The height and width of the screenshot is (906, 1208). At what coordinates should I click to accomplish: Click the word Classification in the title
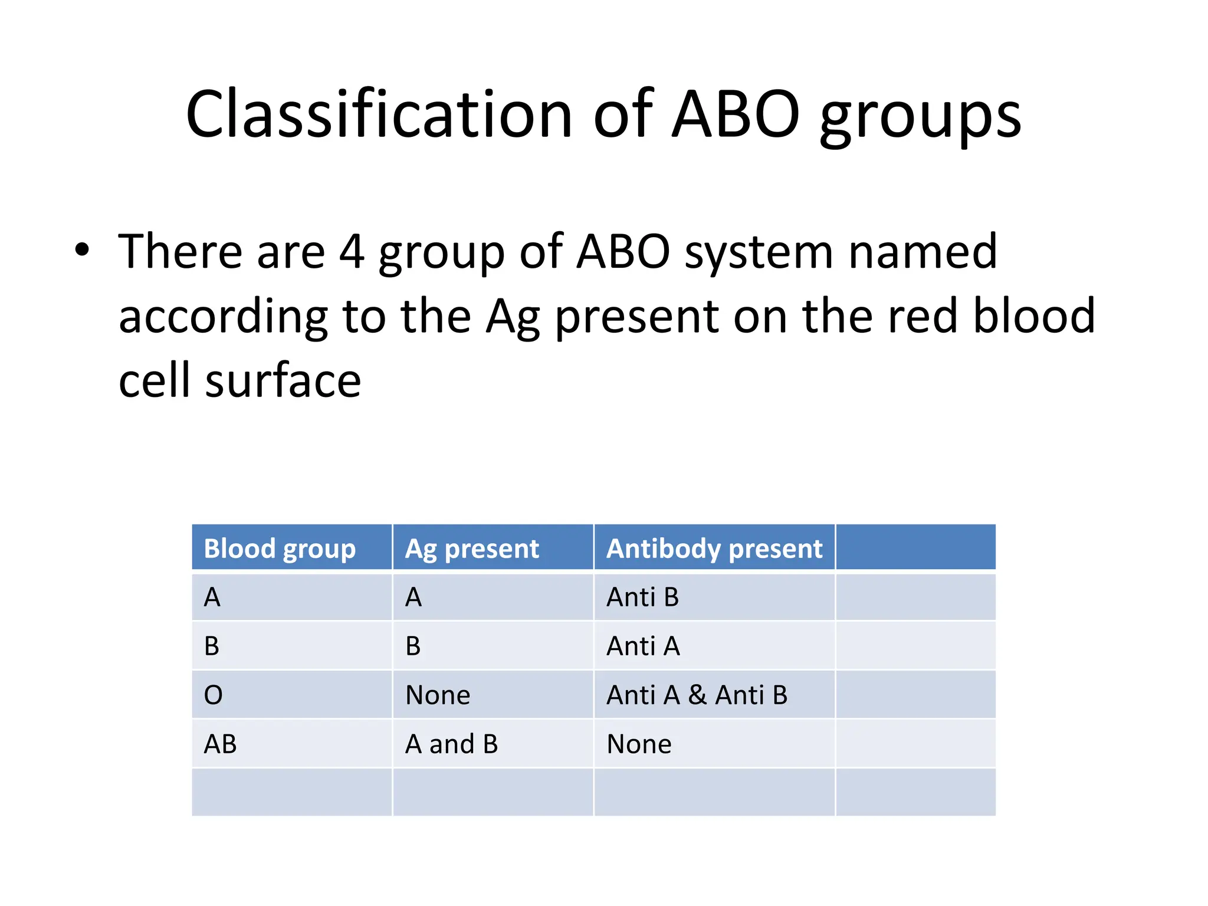pyautogui.click(x=379, y=114)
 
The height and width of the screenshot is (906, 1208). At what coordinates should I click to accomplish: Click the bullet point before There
pyautogui.click(x=82, y=250)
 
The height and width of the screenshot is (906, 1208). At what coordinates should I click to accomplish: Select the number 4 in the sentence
pyautogui.click(x=352, y=251)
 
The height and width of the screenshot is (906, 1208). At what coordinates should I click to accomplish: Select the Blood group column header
pyautogui.click(x=280, y=548)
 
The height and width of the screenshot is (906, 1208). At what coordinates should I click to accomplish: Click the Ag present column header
pyautogui.click(x=472, y=548)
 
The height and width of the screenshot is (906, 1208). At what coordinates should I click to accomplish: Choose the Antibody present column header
pyautogui.click(x=714, y=548)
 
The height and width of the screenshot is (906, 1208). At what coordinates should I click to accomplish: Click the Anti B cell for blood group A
pyautogui.click(x=642, y=597)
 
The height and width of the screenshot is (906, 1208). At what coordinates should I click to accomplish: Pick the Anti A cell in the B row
pyautogui.click(x=643, y=646)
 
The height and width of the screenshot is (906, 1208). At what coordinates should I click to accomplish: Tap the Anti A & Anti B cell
pyautogui.click(x=697, y=695)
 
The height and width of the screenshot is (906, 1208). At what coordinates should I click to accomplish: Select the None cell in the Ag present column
pyautogui.click(x=438, y=695)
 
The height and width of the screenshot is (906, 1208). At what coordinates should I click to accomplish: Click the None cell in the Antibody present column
pyautogui.click(x=639, y=744)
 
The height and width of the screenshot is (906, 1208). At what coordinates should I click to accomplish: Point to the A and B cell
pyautogui.click(x=451, y=744)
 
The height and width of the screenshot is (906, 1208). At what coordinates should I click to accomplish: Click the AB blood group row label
pyautogui.click(x=220, y=744)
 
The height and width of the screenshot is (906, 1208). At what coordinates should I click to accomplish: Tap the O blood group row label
pyautogui.click(x=213, y=695)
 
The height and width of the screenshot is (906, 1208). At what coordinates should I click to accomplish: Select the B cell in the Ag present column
pyautogui.click(x=413, y=646)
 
